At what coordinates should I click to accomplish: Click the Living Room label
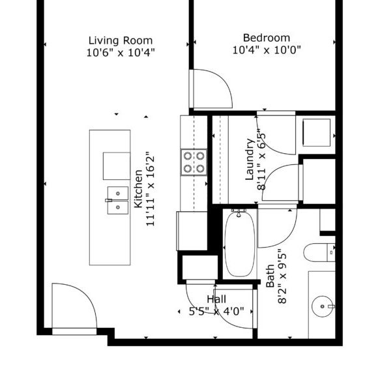[x=120, y=40]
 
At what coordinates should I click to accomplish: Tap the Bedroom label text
[x=266, y=38]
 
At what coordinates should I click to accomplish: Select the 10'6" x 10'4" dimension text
[x=121, y=51]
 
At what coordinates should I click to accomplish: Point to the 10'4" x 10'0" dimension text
[x=267, y=50]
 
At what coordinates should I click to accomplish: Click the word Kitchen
[x=139, y=189]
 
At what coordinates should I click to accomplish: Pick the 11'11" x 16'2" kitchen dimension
[x=151, y=189]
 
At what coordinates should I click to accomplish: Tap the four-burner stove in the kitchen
[x=194, y=161]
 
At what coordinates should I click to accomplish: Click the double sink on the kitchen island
[x=117, y=200]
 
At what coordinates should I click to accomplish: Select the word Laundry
[x=250, y=159]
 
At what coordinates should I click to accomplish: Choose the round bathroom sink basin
[x=322, y=305]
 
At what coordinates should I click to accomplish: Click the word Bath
[x=270, y=277]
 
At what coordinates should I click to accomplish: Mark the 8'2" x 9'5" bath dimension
[x=282, y=277]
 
